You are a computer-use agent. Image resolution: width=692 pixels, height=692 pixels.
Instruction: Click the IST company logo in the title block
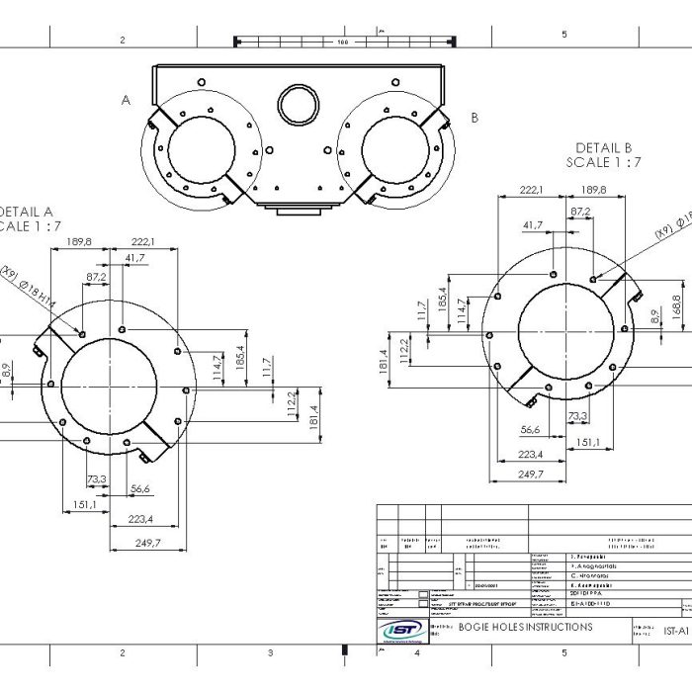(x=402, y=631)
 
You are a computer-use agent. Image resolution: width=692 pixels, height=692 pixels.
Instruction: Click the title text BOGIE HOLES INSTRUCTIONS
(x=526, y=627)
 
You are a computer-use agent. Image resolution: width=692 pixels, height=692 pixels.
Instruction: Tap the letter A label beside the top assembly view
(x=126, y=100)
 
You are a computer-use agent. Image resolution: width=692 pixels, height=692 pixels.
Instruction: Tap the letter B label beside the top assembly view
(x=475, y=117)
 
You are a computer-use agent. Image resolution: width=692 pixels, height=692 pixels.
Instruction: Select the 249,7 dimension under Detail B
(x=531, y=475)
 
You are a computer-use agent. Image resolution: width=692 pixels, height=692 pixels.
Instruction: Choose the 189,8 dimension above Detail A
(x=78, y=240)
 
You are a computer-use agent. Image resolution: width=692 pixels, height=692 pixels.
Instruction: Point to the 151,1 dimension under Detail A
(x=85, y=504)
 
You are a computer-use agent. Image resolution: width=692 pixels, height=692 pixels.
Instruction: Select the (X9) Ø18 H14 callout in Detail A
(x=40, y=291)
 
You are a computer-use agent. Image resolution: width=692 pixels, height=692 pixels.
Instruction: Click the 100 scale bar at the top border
(x=342, y=42)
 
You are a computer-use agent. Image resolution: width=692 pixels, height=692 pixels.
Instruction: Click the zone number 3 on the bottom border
(x=270, y=652)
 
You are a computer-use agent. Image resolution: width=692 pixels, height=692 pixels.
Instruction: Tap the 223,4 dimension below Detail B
(x=531, y=454)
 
